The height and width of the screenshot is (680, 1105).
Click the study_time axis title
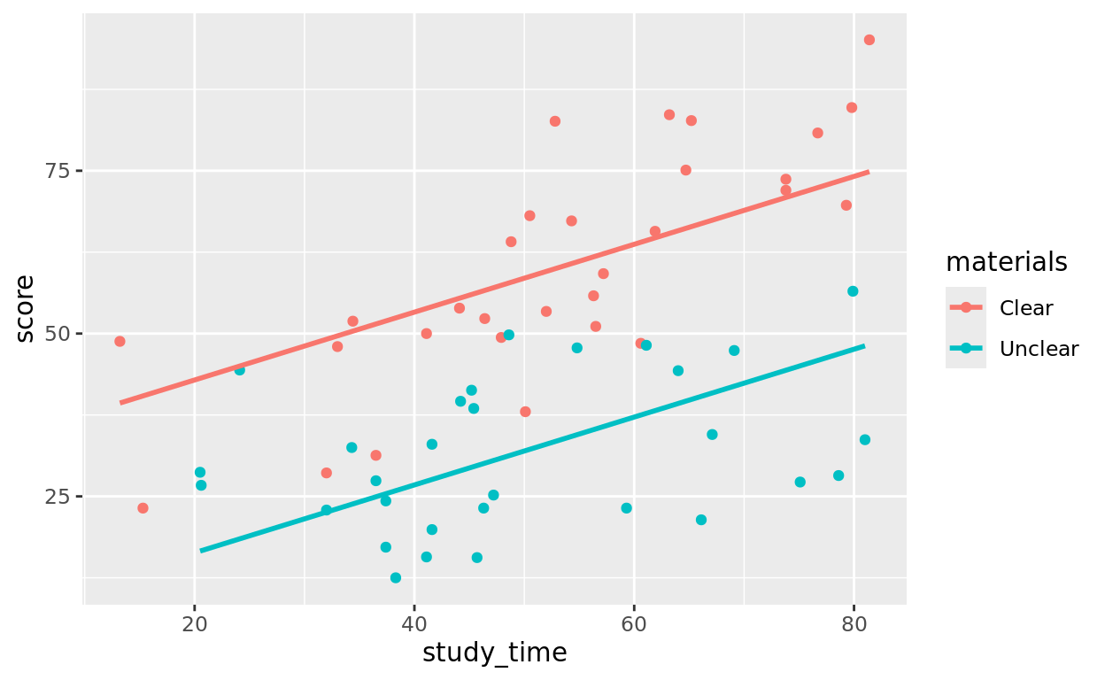click(x=495, y=653)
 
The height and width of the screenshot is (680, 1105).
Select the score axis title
click(x=26, y=308)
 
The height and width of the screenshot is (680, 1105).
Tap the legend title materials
click(x=1006, y=262)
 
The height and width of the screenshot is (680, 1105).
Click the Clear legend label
click(x=1026, y=308)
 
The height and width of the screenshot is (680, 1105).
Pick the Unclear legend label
click(x=1039, y=349)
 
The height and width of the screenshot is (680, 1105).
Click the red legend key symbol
click(x=966, y=308)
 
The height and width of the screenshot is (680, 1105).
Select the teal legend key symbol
click(x=966, y=349)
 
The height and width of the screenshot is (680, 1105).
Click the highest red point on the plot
click(x=869, y=40)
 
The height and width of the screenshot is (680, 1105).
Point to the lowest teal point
click(x=395, y=578)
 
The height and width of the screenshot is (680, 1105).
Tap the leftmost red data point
click(x=120, y=342)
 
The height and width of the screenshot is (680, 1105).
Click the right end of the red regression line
click(x=869, y=172)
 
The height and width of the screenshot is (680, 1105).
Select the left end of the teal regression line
click(x=201, y=551)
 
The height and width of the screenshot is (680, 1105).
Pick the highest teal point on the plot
click(x=853, y=291)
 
